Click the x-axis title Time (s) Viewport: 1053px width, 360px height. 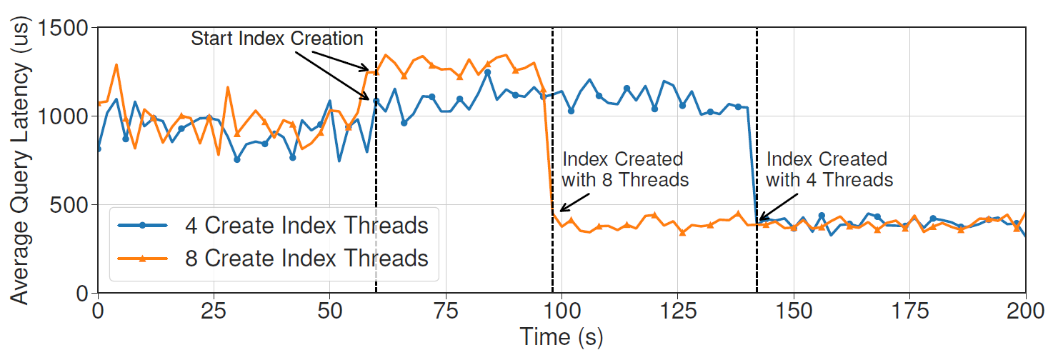coord(562,336)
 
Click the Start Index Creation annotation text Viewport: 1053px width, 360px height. coord(277,39)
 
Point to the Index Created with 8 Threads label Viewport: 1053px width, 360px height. coord(626,169)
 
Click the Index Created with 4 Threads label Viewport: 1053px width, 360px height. coord(829,169)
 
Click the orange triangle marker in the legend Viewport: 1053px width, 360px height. coord(142,258)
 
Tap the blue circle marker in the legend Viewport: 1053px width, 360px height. coord(142,226)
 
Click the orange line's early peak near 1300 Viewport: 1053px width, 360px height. coord(116,65)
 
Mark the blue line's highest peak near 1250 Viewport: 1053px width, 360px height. coord(488,72)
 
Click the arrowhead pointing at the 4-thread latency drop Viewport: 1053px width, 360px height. coord(760,219)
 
